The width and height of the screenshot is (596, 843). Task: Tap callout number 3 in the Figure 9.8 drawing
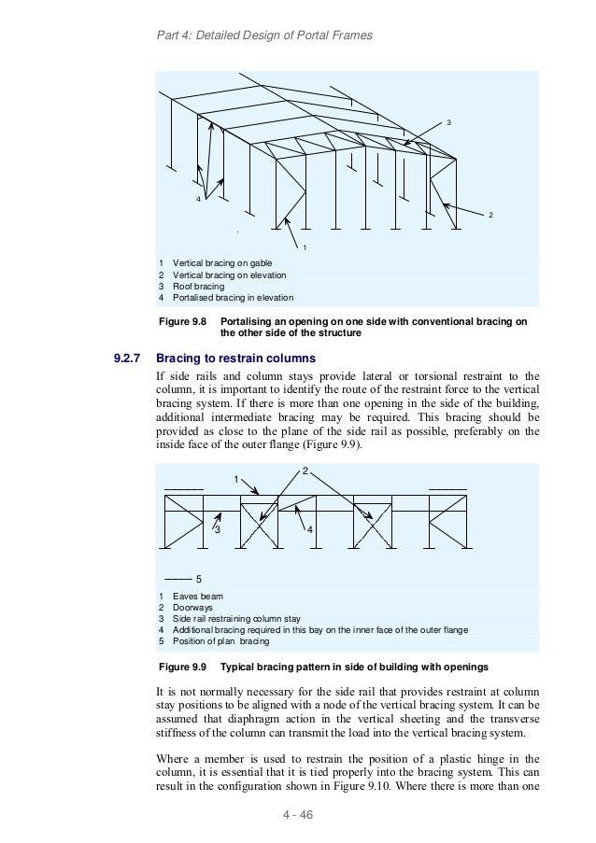[x=448, y=123]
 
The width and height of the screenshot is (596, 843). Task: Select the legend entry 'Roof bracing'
[x=199, y=287]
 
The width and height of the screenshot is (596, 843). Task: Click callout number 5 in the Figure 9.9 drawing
[x=199, y=578]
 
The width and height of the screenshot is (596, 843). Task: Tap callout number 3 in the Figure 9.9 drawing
[x=217, y=530]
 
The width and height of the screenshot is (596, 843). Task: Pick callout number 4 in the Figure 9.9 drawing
[x=309, y=530]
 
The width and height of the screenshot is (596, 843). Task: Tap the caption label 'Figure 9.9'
[x=182, y=667]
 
